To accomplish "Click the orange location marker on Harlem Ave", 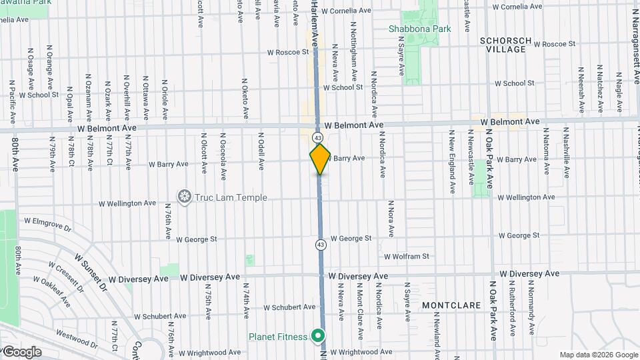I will (320, 159).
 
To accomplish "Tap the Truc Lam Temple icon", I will (183, 197).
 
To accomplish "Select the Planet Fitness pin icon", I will (319, 335).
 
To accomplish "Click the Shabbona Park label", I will (420, 29).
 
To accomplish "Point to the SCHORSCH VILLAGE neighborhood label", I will (506, 45).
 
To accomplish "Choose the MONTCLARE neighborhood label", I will (451, 305).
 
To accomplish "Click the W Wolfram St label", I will (406, 256).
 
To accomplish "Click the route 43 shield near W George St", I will (321, 245).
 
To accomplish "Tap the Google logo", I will (22, 351).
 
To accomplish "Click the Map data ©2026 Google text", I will (598, 355).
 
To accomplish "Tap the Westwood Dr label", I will (77, 339).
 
